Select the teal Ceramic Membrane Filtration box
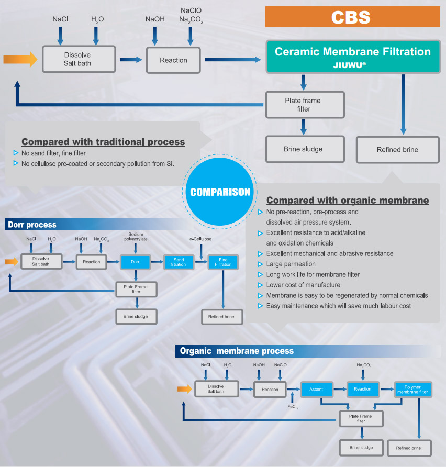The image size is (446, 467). pos(352,57)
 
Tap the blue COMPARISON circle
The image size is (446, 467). pos(220,192)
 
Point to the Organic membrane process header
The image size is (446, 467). pos(237,351)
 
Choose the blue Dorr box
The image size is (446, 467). pos(136,261)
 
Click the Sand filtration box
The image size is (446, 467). pos(179,262)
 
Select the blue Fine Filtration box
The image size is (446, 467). pos(223,262)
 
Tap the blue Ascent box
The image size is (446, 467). pos(316,389)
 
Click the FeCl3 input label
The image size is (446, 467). pos(293,407)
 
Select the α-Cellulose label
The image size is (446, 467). pos(200,239)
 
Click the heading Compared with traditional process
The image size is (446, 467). pos(103,142)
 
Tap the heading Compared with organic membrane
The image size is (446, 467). pos(347,201)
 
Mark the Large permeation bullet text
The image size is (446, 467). pos(291,264)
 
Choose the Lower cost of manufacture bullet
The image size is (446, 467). pos(303,285)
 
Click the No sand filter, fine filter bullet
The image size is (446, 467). pos(53,153)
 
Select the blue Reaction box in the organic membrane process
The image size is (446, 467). pos(362,389)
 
